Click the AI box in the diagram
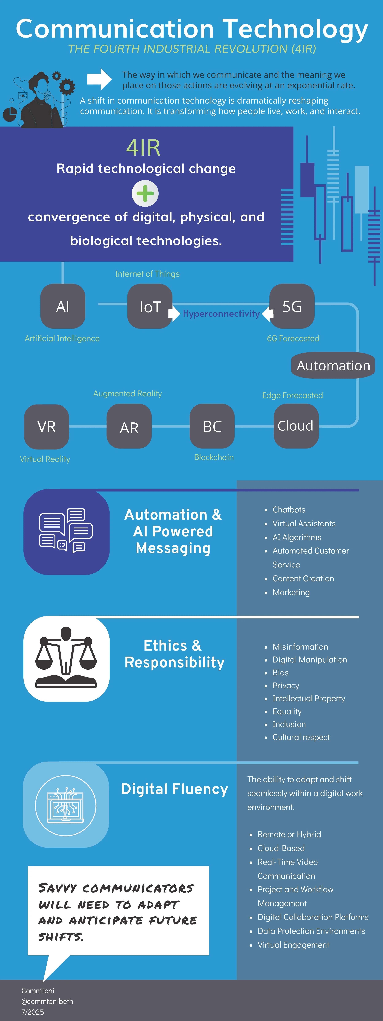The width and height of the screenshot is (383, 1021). (x=63, y=306)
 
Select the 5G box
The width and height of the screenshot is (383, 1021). (x=292, y=306)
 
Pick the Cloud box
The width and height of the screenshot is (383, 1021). (x=296, y=426)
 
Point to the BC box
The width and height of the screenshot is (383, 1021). (x=212, y=426)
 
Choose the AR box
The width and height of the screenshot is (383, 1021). (x=129, y=427)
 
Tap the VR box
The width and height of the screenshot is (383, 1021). (x=46, y=426)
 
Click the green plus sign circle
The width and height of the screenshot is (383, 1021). (x=145, y=193)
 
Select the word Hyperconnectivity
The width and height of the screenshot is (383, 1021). (x=221, y=314)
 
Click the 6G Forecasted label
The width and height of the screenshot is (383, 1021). (x=293, y=338)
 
